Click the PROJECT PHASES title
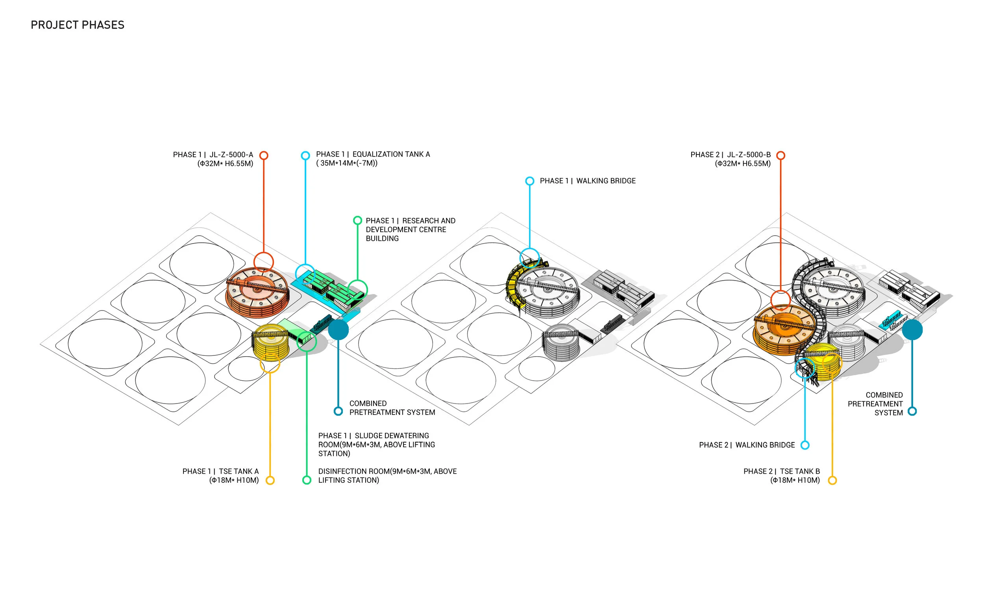click(78, 25)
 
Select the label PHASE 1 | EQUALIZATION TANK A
click(372, 154)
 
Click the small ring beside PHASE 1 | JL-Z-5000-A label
click(264, 155)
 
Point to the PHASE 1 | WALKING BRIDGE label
click(587, 181)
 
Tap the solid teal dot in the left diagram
click(338, 329)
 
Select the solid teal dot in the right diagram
click(912, 329)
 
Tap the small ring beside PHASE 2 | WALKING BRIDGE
click(805, 445)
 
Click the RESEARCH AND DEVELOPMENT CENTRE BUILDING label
click(410, 230)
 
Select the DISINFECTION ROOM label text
click(387, 476)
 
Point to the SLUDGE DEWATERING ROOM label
click(376, 444)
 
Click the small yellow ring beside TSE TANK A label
click(270, 480)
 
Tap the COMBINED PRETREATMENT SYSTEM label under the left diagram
click(392, 408)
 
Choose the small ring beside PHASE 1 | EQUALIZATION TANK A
click(305, 155)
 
